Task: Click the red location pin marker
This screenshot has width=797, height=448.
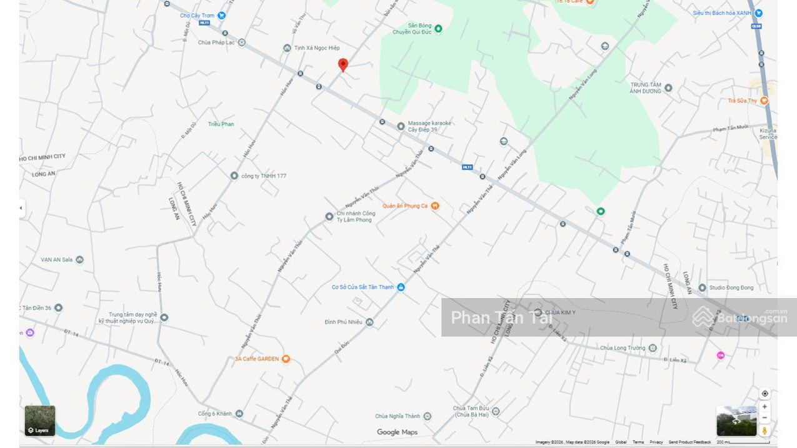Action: (343, 64)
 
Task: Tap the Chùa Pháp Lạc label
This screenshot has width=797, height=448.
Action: (216, 42)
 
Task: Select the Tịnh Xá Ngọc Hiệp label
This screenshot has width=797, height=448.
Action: (317, 48)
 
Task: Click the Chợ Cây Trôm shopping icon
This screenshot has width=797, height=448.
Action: (221, 16)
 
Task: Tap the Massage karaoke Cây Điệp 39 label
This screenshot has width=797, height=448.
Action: (429, 126)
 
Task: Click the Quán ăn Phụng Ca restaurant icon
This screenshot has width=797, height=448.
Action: (435, 206)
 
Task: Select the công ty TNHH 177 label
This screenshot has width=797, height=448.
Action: (263, 176)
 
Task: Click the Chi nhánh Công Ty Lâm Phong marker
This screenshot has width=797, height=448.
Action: (329, 217)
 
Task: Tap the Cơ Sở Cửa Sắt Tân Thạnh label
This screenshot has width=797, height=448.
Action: (363, 287)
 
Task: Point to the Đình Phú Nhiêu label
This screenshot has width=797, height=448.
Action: (343, 322)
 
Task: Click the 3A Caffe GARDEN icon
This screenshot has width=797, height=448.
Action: (286, 359)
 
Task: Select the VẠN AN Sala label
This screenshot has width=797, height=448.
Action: (57, 260)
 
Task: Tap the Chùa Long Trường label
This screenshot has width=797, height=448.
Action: (623, 348)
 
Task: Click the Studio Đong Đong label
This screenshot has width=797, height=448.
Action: (731, 288)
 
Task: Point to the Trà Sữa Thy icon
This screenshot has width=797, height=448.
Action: (764, 101)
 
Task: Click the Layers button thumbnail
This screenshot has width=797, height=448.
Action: (40, 421)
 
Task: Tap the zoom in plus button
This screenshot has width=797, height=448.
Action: (764, 407)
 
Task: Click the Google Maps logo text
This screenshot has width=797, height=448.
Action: (397, 432)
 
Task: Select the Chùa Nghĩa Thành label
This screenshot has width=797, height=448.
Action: (398, 416)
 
